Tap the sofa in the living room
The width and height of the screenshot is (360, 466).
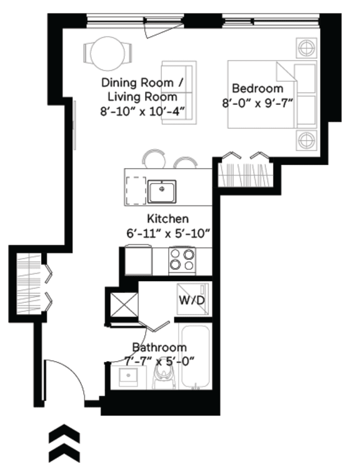179,92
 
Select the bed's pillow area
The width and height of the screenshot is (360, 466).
305,94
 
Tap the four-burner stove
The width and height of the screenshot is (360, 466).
182,259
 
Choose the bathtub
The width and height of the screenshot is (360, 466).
196,359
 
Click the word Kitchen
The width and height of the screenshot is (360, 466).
167,219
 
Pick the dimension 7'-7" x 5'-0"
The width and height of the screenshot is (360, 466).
159,360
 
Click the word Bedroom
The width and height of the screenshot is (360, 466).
257,88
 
